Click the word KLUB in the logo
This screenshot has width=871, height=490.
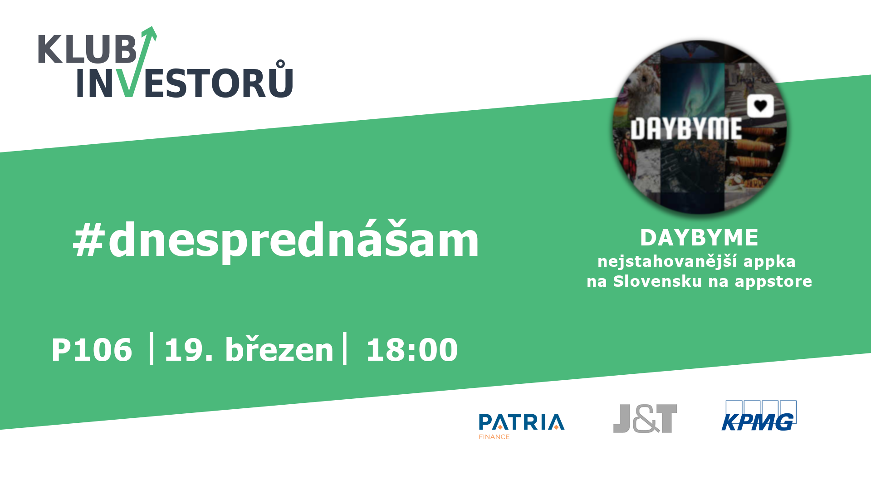tap(87, 49)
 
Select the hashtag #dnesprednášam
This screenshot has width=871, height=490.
tap(276, 240)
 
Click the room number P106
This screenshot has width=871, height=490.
tap(92, 350)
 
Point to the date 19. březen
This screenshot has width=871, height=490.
tap(249, 349)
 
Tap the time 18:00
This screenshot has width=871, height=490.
tap(412, 350)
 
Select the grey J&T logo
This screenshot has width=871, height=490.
tap(645, 418)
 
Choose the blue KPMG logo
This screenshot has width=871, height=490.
tap(759, 416)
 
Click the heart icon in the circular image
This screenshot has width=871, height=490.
tap(760, 106)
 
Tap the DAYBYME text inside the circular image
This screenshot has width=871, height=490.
tap(686, 129)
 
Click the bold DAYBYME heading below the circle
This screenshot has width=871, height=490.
tap(699, 237)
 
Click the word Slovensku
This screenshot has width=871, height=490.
tap(657, 281)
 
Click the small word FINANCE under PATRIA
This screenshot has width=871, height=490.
tap(494, 437)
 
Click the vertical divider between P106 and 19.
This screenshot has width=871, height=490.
tap(152, 348)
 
